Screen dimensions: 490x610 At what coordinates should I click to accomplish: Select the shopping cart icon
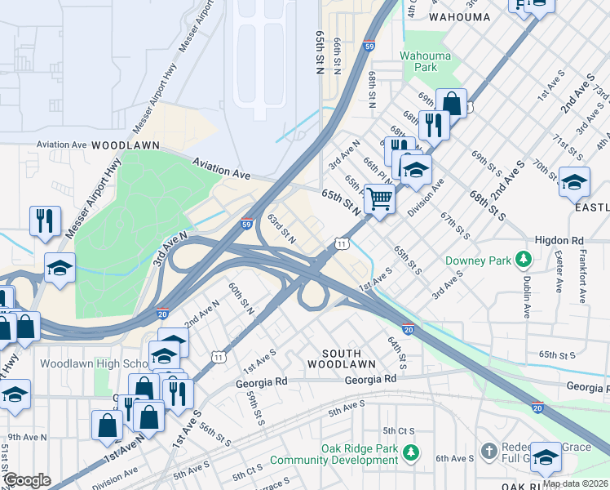coord(379,198)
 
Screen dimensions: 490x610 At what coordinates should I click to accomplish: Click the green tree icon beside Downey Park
coord(524,261)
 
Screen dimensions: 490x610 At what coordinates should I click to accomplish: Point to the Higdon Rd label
coord(559,241)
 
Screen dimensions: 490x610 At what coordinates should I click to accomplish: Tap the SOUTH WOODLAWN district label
coord(342,356)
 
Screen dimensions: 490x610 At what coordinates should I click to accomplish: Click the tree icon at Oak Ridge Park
coord(413,451)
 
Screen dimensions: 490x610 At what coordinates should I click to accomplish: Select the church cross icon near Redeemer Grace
coord(488,451)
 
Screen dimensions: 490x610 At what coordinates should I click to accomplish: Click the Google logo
coord(26,480)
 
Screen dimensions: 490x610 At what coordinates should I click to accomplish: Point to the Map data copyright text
coord(575,483)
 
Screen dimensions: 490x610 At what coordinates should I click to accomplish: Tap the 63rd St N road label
coord(281,229)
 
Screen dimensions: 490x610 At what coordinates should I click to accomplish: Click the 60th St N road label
coord(241,300)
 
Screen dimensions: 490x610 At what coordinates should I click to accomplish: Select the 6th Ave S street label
coord(453,459)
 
